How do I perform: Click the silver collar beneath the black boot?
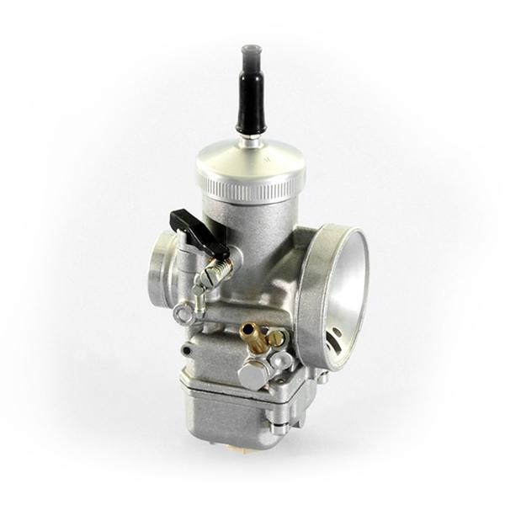coord(251,140)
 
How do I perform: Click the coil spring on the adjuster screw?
coord(220,270)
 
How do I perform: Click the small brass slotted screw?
coord(275,339)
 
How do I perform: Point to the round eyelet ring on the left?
coord(183,315)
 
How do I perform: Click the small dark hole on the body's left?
coord(186,350)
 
